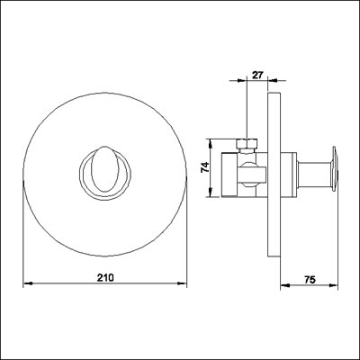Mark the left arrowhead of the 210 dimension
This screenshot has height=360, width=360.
click(x=24, y=285)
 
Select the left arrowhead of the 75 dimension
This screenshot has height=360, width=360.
click(x=281, y=285)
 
